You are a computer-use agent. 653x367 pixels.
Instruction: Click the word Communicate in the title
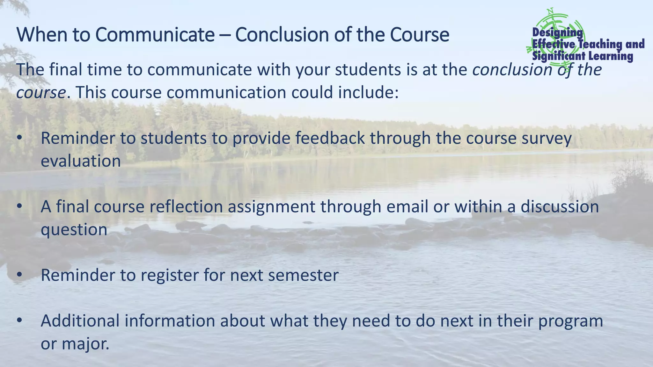(x=155, y=35)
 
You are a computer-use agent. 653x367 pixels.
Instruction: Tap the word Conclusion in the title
(x=282, y=35)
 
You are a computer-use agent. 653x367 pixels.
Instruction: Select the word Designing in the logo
(x=557, y=32)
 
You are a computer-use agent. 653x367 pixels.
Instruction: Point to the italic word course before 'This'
(x=41, y=93)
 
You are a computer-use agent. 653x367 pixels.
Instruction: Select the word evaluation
(x=81, y=161)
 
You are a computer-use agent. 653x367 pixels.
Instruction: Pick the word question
(x=74, y=230)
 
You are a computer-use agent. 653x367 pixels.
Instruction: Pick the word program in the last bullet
(x=570, y=321)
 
